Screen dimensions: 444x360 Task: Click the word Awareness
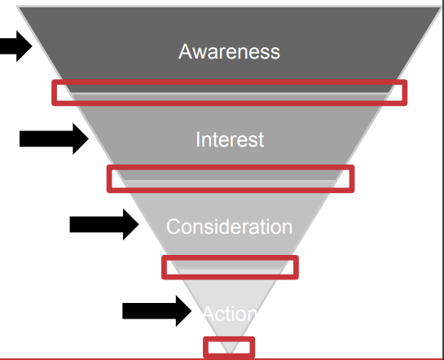click(230, 51)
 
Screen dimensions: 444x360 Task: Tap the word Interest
click(230, 139)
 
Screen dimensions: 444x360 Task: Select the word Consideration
click(230, 226)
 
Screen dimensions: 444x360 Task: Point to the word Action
click(230, 314)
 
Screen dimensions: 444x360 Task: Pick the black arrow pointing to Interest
click(54, 138)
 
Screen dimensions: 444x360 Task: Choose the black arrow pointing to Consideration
click(104, 225)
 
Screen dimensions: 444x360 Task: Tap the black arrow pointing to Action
click(157, 311)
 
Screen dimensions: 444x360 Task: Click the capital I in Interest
click(198, 139)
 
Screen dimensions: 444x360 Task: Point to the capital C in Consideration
click(173, 226)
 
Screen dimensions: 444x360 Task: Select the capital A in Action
click(209, 314)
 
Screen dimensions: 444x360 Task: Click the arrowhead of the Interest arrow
click(81, 138)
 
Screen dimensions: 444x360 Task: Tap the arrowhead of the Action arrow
click(183, 311)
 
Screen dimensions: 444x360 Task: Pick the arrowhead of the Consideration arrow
click(131, 225)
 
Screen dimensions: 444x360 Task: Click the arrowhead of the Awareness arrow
click(24, 46)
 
